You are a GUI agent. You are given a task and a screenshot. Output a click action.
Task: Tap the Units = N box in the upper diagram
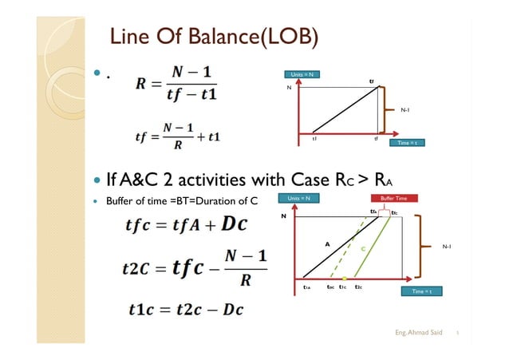pyautogui.click(x=303, y=74)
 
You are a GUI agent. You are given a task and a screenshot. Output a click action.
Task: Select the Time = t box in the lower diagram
pyautogui.click(x=418, y=292)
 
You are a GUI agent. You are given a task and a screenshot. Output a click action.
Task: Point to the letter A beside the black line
pyautogui.click(x=326, y=243)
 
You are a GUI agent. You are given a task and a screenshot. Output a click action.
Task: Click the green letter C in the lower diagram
pyautogui.click(x=362, y=248)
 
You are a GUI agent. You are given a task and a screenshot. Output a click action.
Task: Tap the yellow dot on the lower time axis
pyautogui.click(x=344, y=277)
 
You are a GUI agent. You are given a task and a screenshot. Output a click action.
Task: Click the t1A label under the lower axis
pyautogui.click(x=307, y=287)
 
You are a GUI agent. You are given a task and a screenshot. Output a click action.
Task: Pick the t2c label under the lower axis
pyautogui.click(x=359, y=287)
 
